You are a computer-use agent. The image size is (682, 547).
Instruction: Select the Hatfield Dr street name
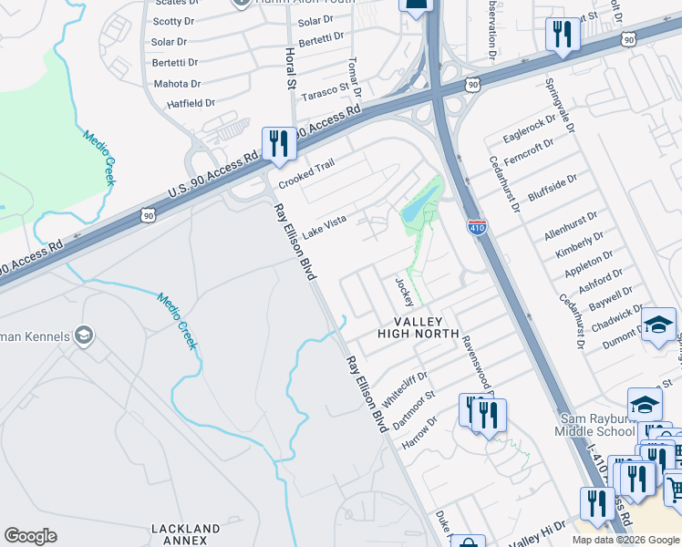tap(191, 104)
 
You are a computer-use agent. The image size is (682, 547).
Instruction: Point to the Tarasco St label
tap(326, 93)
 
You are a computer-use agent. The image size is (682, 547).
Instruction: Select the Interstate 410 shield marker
tap(476, 226)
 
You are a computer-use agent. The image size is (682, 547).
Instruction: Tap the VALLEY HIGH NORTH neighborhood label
tap(418, 327)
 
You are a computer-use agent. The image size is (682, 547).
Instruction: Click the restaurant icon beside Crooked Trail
tap(277, 143)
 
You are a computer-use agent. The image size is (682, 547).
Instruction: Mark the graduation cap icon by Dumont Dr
tap(658, 325)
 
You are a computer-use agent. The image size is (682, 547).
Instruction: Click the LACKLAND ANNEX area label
tap(186, 534)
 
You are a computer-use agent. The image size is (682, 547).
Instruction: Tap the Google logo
tap(30, 536)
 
